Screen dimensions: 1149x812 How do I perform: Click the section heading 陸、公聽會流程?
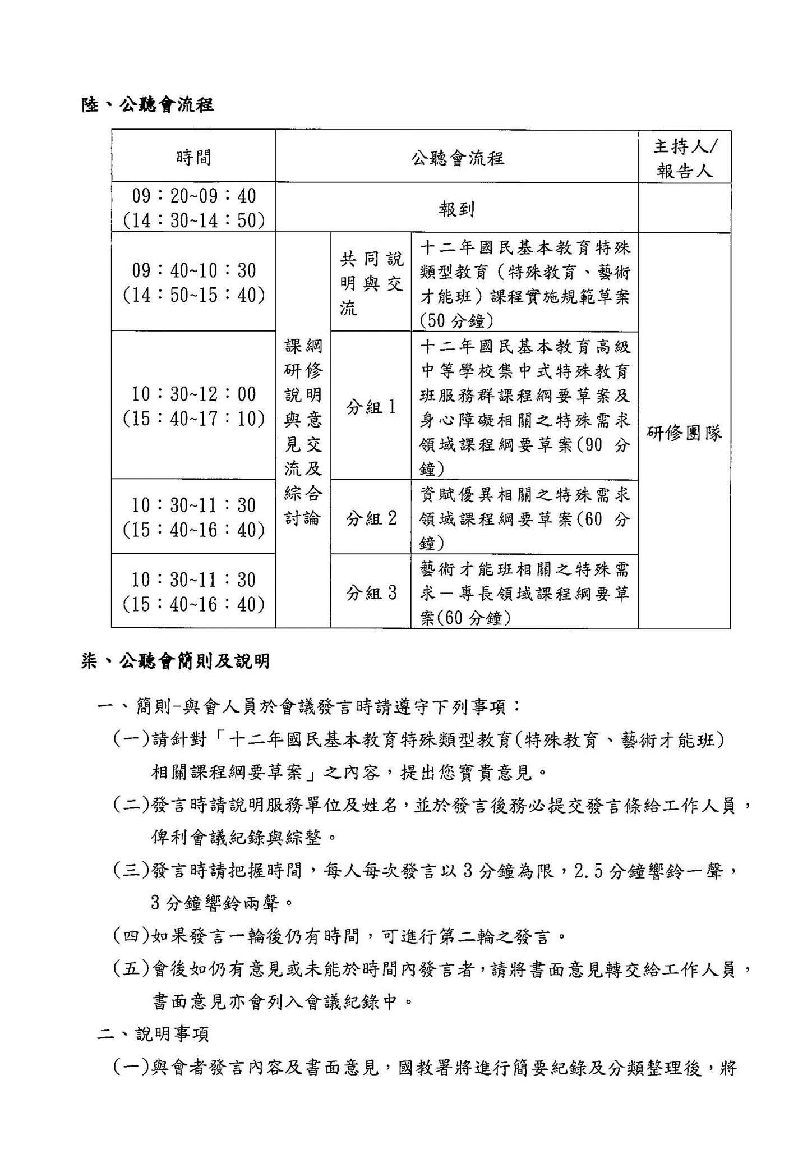(147, 105)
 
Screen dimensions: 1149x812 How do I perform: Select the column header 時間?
(193, 158)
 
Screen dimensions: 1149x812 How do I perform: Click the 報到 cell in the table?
(456, 209)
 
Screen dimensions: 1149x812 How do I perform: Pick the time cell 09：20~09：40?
(193, 196)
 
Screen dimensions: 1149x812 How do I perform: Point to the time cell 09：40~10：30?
(193, 271)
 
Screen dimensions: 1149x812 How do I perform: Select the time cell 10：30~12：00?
(193, 394)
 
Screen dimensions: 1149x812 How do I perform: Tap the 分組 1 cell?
(371, 407)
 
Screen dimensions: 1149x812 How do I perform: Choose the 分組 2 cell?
(371, 518)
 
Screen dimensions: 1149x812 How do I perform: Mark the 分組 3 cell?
(371, 592)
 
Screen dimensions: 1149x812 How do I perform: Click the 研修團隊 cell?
(685, 433)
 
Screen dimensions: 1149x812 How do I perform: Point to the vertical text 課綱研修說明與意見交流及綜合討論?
(303, 431)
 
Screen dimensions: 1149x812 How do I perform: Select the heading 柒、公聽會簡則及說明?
(176, 661)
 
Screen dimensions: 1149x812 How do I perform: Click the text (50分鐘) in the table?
(456, 321)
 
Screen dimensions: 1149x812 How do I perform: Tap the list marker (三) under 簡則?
(131, 871)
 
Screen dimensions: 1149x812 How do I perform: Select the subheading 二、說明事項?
(153, 1034)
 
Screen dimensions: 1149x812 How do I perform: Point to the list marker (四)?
(131, 936)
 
